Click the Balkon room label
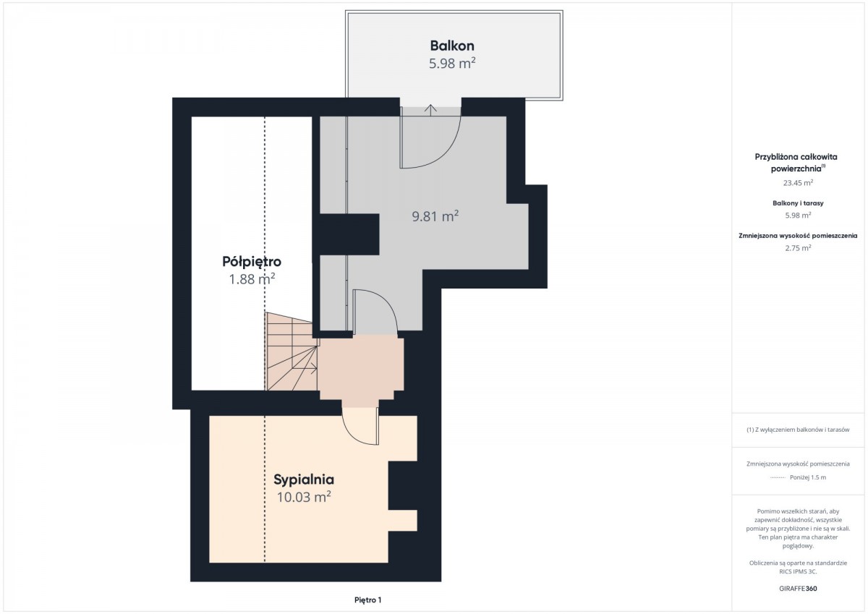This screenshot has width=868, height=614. [452, 46]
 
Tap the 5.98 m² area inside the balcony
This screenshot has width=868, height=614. [452, 63]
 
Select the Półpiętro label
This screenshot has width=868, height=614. [252, 262]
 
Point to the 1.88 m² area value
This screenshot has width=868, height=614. [252, 279]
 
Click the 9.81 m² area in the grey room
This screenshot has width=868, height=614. [435, 216]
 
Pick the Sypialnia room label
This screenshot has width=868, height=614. [304, 480]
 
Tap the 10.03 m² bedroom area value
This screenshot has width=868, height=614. [304, 497]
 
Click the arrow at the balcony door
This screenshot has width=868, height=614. [430, 110]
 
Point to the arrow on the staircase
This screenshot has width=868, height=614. [311, 368]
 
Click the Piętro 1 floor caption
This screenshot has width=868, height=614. [367, 600]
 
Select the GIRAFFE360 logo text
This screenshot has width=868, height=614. [798, 589]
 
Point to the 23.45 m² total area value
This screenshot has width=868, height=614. [798, 183]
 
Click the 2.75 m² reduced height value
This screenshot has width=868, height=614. [798, 248]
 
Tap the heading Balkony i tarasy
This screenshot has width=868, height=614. [798, 203]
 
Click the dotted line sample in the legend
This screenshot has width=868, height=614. [778, 477]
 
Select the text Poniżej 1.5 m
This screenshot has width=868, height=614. [808, 477]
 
